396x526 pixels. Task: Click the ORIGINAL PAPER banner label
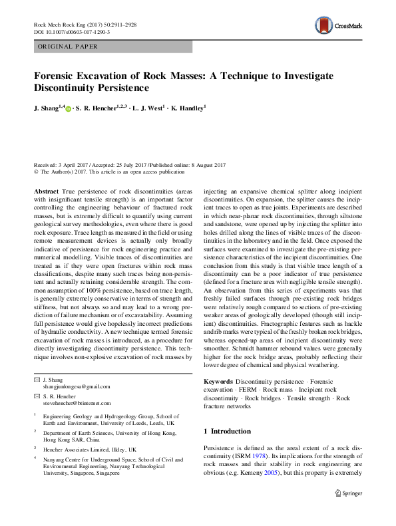point(68,47)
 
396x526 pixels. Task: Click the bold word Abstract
point(46,190)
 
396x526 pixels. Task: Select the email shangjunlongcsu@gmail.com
point(77,386)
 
